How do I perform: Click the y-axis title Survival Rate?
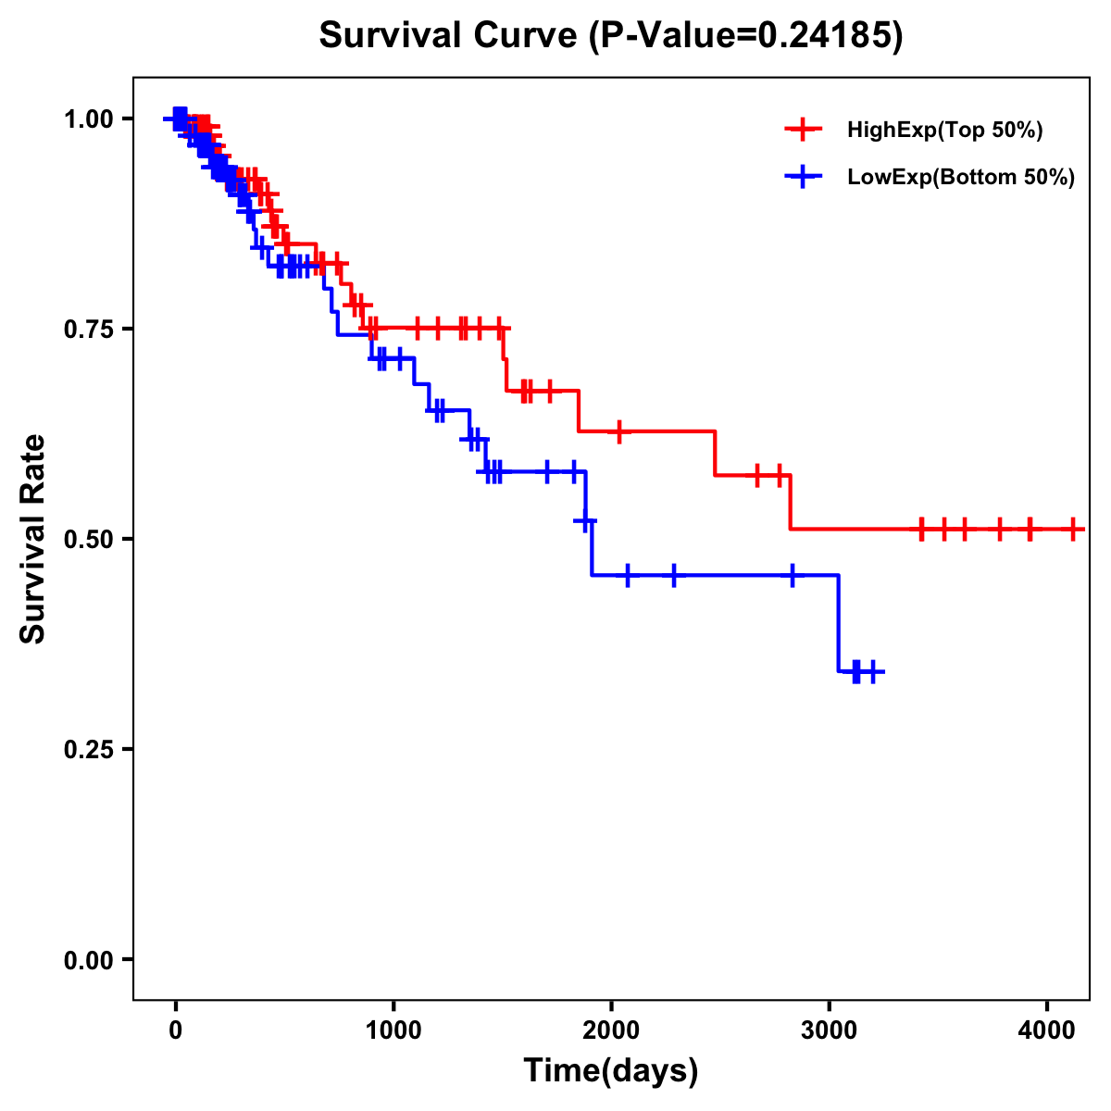coord(33,538)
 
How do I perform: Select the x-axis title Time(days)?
coord(611,1070)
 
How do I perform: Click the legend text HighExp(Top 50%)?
coord(944,131)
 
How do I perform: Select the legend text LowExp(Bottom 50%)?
coord(961,178)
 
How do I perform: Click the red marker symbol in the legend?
coord(803,131)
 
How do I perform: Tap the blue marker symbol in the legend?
coord(803,178)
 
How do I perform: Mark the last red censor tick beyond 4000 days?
coord(1072,529)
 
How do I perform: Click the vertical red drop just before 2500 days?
coord(716,454)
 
